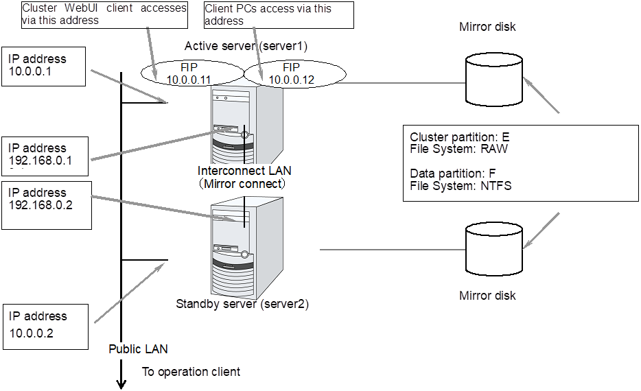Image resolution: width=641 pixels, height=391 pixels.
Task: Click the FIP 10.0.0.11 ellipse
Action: click(192, 73)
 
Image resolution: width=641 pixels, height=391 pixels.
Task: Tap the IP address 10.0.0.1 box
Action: click(44, 66)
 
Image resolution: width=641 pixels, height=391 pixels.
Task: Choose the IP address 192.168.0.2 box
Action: click(47, 204)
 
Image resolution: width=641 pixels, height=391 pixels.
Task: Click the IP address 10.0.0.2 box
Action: click(45, 325)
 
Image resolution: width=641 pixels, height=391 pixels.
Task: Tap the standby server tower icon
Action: click(244, 247)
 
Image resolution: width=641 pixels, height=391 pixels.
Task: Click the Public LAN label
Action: click(138, 349)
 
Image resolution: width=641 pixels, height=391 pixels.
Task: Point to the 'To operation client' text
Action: click(191, 372)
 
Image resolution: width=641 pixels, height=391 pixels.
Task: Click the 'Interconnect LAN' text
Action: click(241, 171)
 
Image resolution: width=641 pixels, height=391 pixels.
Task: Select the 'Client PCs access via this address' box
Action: click(278, 14)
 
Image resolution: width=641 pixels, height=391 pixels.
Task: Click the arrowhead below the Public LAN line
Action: click(121, 383)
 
